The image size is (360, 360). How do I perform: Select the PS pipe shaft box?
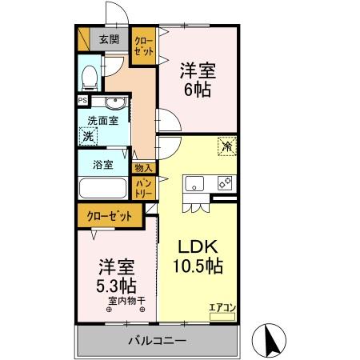[82, 101]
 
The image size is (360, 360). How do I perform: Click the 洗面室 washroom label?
[102, 121]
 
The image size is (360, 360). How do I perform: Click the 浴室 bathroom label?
[102, 166]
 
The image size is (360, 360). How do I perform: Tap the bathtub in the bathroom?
[102, 190]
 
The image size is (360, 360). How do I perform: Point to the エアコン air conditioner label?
[222, 307]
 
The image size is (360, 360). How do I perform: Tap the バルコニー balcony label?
[157, 341]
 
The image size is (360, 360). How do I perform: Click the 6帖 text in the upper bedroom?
[198, 90]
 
